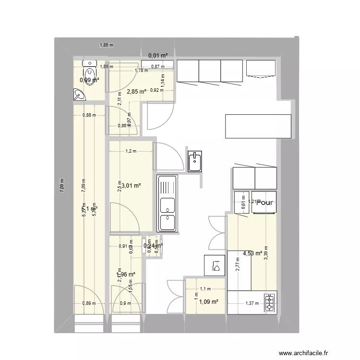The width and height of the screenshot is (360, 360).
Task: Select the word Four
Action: pos(264,203)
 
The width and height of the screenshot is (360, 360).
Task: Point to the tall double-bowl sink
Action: pos(167,204)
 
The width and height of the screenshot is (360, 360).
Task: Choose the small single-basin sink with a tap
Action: pos(195,161)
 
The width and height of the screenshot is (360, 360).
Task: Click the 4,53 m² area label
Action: pos(252,253)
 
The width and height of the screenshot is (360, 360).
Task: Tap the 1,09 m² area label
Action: pos(209,302)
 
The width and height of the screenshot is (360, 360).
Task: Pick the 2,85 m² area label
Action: pos(136,91)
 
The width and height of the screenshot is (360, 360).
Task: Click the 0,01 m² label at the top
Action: pos(157,56)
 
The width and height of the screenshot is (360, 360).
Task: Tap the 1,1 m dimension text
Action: pos(205,289)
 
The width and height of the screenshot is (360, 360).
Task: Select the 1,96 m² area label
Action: pos(126,274)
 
